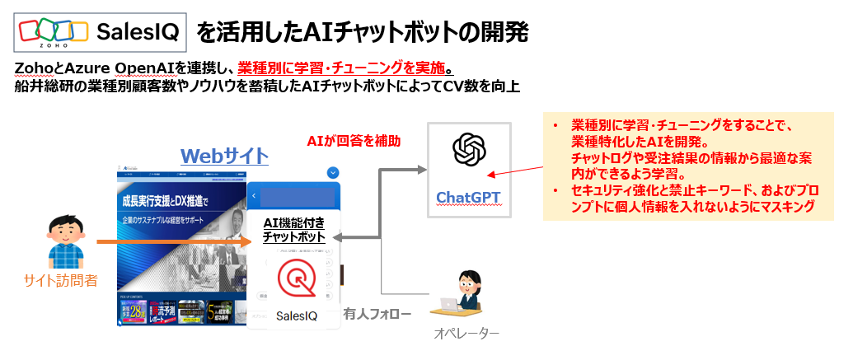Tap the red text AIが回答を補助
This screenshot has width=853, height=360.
point(354,140)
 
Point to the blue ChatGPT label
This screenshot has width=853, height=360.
point(468,197)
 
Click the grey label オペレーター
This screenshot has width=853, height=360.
point(466,334)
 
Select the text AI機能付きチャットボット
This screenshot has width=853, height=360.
point(293,229)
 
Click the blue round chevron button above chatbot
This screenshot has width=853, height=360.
point(333,173)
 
